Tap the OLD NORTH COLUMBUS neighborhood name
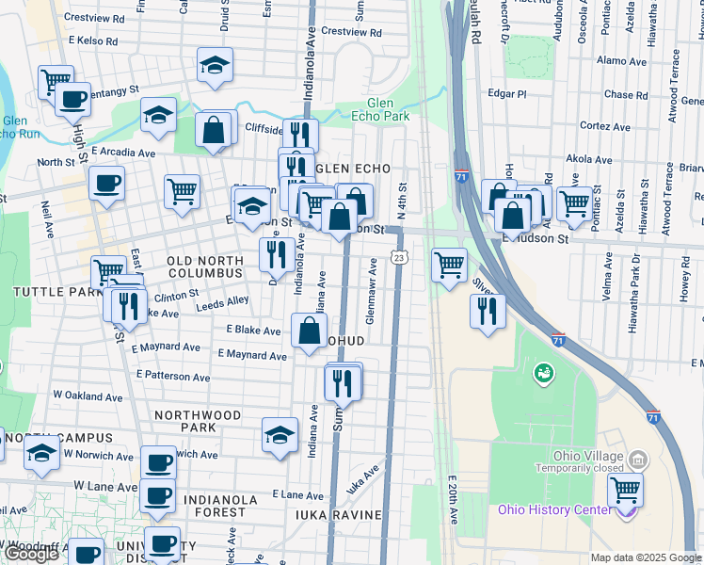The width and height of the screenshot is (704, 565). click(204, 266)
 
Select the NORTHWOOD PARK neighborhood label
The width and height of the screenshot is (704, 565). click(198, 421)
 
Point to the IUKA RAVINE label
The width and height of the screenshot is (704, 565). click(337, 515)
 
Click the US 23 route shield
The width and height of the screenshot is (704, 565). click(400, 257)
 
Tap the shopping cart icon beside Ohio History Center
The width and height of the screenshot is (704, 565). click(625, 492)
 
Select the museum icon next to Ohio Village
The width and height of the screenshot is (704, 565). click(638, 460)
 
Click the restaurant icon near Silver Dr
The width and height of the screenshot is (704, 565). click(487, 311)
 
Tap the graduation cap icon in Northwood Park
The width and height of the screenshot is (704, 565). click(280, 435)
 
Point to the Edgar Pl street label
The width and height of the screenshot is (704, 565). click(507, 93)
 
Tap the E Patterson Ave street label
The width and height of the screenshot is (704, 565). click(173, 375)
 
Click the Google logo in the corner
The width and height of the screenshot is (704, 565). click(32, 555)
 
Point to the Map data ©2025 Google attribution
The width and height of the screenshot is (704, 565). click(646, 557)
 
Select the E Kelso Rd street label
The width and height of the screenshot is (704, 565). click(94, 42)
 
